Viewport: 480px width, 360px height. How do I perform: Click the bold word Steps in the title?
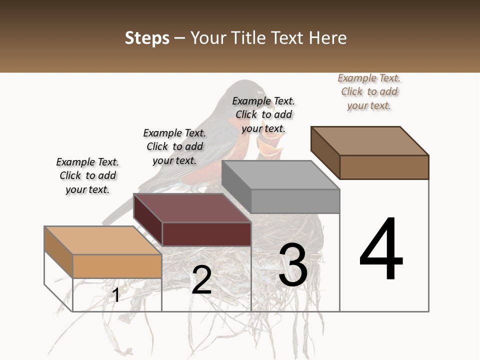point(147,38)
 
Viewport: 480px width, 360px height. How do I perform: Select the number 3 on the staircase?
point(293,265)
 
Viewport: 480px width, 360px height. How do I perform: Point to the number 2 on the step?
point(201,280)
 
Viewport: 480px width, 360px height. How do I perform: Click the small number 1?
point(116,295)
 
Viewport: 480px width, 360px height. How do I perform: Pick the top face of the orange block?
point(103,240)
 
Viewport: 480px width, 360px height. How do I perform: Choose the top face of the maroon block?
point(192,208)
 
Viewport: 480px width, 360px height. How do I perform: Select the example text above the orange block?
point(87,175)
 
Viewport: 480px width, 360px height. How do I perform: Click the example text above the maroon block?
point(174,146)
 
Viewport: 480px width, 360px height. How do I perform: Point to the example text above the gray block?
point(263,114)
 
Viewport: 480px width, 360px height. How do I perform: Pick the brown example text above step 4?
point(369,91)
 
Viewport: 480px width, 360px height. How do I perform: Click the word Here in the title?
point(328,38)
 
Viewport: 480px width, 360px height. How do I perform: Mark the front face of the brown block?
point(384,167)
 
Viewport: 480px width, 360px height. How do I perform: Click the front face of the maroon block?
point(206,234)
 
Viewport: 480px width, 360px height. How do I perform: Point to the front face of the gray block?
point(295,201)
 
